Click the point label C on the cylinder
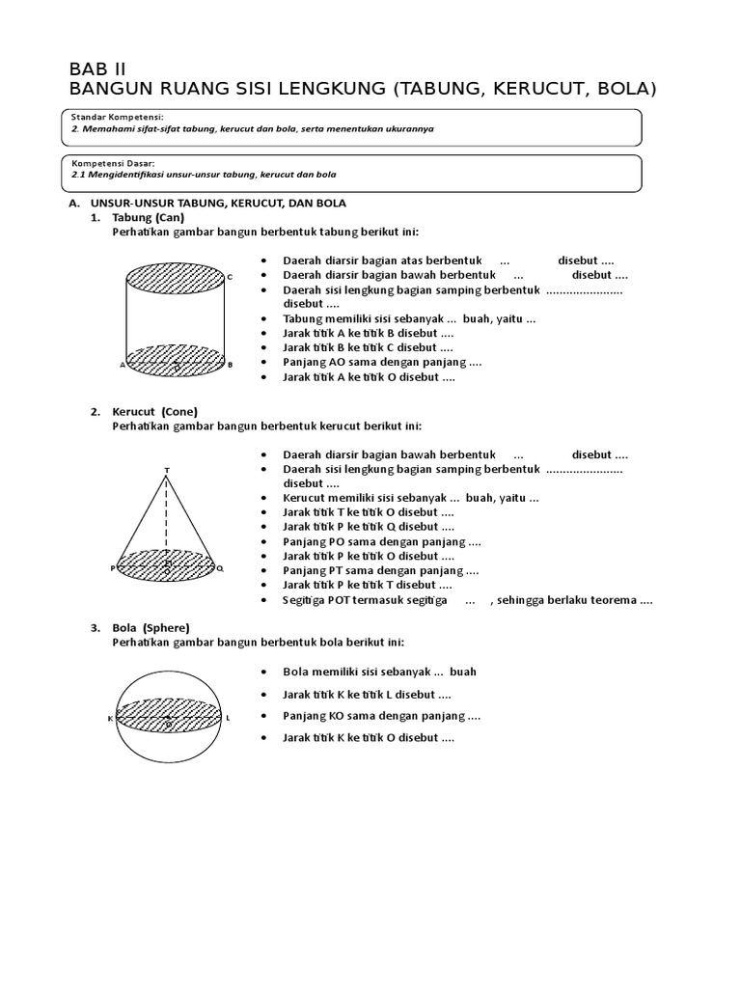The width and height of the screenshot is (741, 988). point(230,278)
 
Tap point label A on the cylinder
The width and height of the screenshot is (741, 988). point(122,365)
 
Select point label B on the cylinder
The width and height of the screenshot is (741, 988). point(231,365)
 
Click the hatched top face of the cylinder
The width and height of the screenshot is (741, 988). point(176,279)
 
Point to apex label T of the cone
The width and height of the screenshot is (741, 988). point(167,470)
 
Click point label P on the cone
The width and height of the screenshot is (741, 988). point(112,569)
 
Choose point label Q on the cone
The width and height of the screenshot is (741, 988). point(220,568)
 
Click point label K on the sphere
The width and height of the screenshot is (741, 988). point(110,719)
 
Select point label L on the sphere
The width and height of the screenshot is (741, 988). point(228,718)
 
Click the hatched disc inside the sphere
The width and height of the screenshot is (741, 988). point(169,715)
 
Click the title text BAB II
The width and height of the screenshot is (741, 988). point(97,69)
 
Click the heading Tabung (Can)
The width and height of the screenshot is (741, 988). point(149,218)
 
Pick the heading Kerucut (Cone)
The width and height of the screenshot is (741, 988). point(154,412)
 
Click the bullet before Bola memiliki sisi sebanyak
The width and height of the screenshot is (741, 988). point(264,672)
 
